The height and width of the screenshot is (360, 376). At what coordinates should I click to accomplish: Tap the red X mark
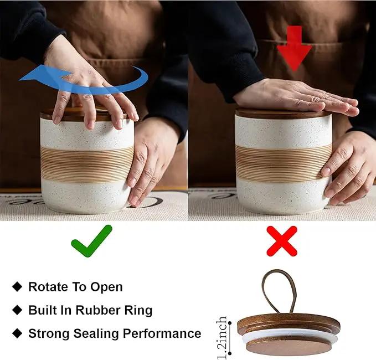tap(282, 241)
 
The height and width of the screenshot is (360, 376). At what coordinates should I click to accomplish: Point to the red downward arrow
tap(294, 48)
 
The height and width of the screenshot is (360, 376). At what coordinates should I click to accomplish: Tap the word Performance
tap(162, 333)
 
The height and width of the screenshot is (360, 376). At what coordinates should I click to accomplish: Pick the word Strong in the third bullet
tap(49, 333)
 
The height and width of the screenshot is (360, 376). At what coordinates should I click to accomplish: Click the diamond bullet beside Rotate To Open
tap(17, 287)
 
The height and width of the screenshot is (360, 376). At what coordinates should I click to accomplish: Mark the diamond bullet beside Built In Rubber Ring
tap(17, 310)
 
